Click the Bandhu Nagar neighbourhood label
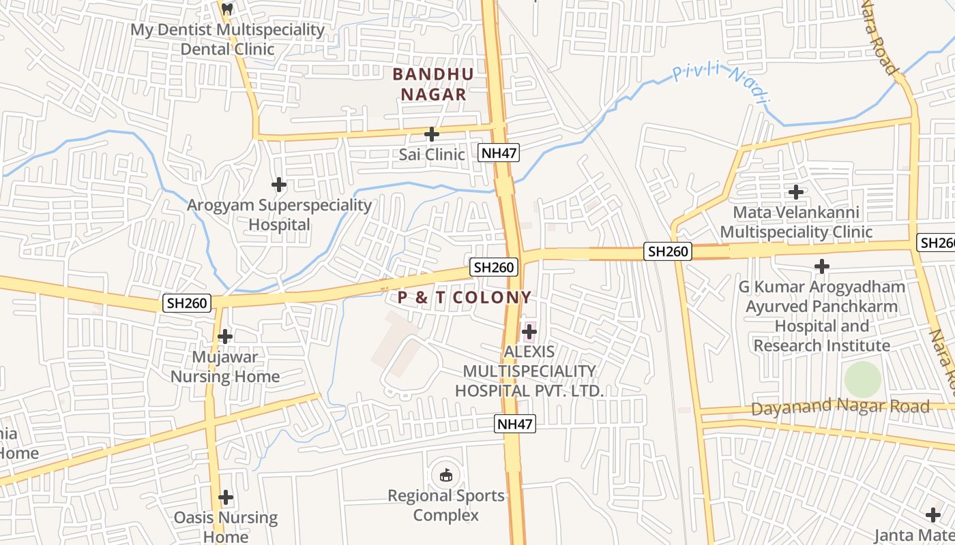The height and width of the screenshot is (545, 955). pos(433,84)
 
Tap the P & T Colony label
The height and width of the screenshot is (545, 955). pos(465,298)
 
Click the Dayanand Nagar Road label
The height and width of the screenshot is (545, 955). pos(840,407)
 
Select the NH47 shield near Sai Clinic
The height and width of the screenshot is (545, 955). pos(499,153)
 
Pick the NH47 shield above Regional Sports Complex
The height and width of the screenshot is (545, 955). pos(514,424)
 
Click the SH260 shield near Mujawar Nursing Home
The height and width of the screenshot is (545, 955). pos(187,302)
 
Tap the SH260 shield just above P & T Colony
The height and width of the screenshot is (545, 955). pos(494,267)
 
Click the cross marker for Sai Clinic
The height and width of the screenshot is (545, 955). pos(432,134)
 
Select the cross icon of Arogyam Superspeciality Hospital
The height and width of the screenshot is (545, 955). pos(279,185)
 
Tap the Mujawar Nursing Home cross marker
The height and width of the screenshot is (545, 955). pos(225,337)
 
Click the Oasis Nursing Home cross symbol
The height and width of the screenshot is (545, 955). pos(226,497)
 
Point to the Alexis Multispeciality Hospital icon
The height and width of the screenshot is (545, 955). pos(529,332)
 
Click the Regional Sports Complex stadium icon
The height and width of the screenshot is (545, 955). pos(445,475)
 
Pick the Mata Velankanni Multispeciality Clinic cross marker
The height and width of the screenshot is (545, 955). pos(795,192)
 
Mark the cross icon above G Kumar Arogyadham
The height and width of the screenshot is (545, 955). pos(822,266)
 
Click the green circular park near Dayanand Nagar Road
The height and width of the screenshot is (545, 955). pos(863,379)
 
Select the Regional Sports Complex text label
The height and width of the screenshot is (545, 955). pos(446,505)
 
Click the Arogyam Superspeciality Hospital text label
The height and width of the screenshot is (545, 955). pos(280,215)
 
